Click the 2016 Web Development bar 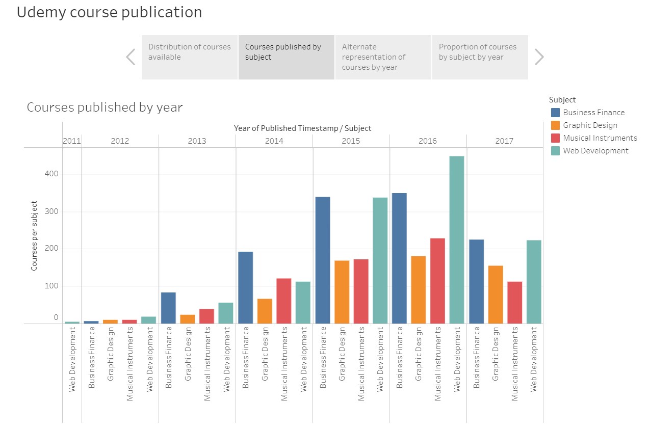pos(457,239)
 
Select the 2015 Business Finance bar pos(323,260)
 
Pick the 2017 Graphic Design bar pos(496,294)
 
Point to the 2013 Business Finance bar pos(168,308)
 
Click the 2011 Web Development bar pos(72,322)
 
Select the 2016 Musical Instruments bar pos(437,281)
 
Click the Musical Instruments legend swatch pos(555,138)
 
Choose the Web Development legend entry pos(595,151)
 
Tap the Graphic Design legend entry pos(590,125)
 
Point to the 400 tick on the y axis pos(51,174)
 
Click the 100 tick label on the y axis pos(51,286)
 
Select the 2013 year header pos(197,141)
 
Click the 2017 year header pos(504,141)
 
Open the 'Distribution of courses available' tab pos(190,57)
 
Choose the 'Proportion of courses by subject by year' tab pos(480,57)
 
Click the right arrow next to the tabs pos(539,57)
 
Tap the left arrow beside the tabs pos(131,57)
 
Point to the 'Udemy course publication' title pos(109,12)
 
